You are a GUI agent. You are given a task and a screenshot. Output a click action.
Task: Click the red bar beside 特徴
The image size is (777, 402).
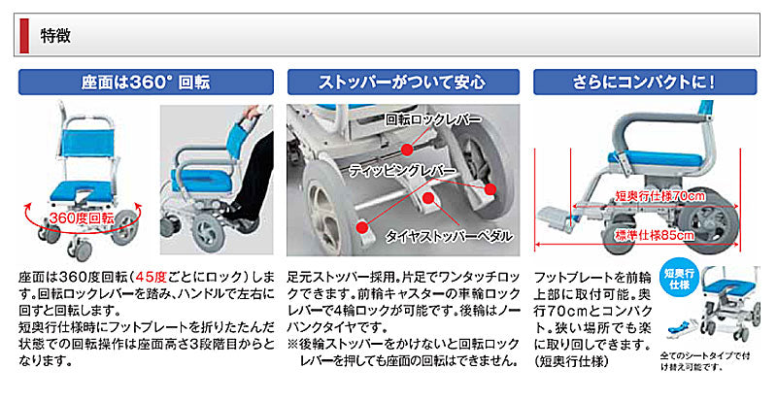click(25, 36)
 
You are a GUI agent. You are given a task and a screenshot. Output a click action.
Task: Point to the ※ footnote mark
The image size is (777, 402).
click(292, 343)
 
